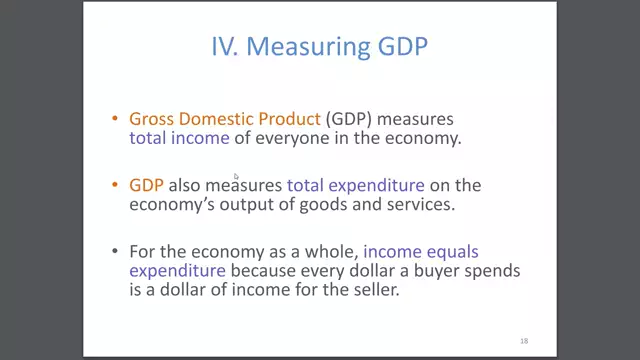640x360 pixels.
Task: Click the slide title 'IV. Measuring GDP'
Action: point(319,47)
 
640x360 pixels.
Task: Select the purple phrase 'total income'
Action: point(179,138)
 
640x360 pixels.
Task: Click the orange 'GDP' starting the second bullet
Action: point(146,185)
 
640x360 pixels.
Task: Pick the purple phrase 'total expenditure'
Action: point(355,185)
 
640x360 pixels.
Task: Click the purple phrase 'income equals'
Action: point(426,251)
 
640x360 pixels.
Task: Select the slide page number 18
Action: point(524,341)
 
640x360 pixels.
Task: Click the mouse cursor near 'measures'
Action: point(236,177)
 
